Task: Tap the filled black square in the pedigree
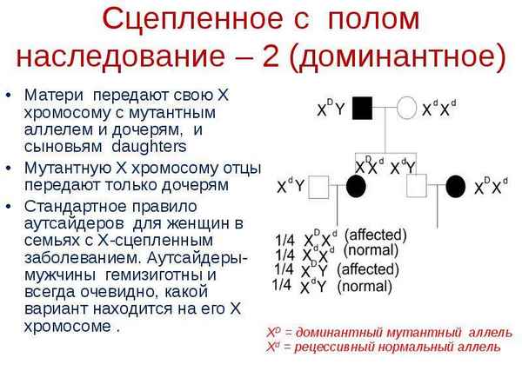[362, 109]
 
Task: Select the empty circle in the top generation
[406, 109]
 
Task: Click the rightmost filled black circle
[456, 185]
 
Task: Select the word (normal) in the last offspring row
[365, 285]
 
